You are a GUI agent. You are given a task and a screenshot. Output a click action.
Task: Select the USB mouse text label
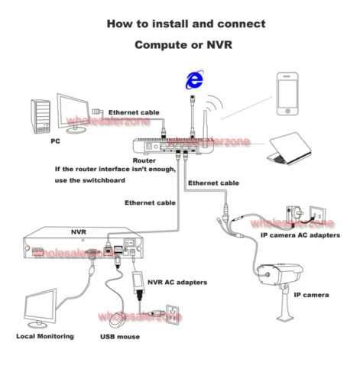coord(118,336)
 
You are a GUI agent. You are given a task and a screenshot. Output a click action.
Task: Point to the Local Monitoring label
coord(45,336)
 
